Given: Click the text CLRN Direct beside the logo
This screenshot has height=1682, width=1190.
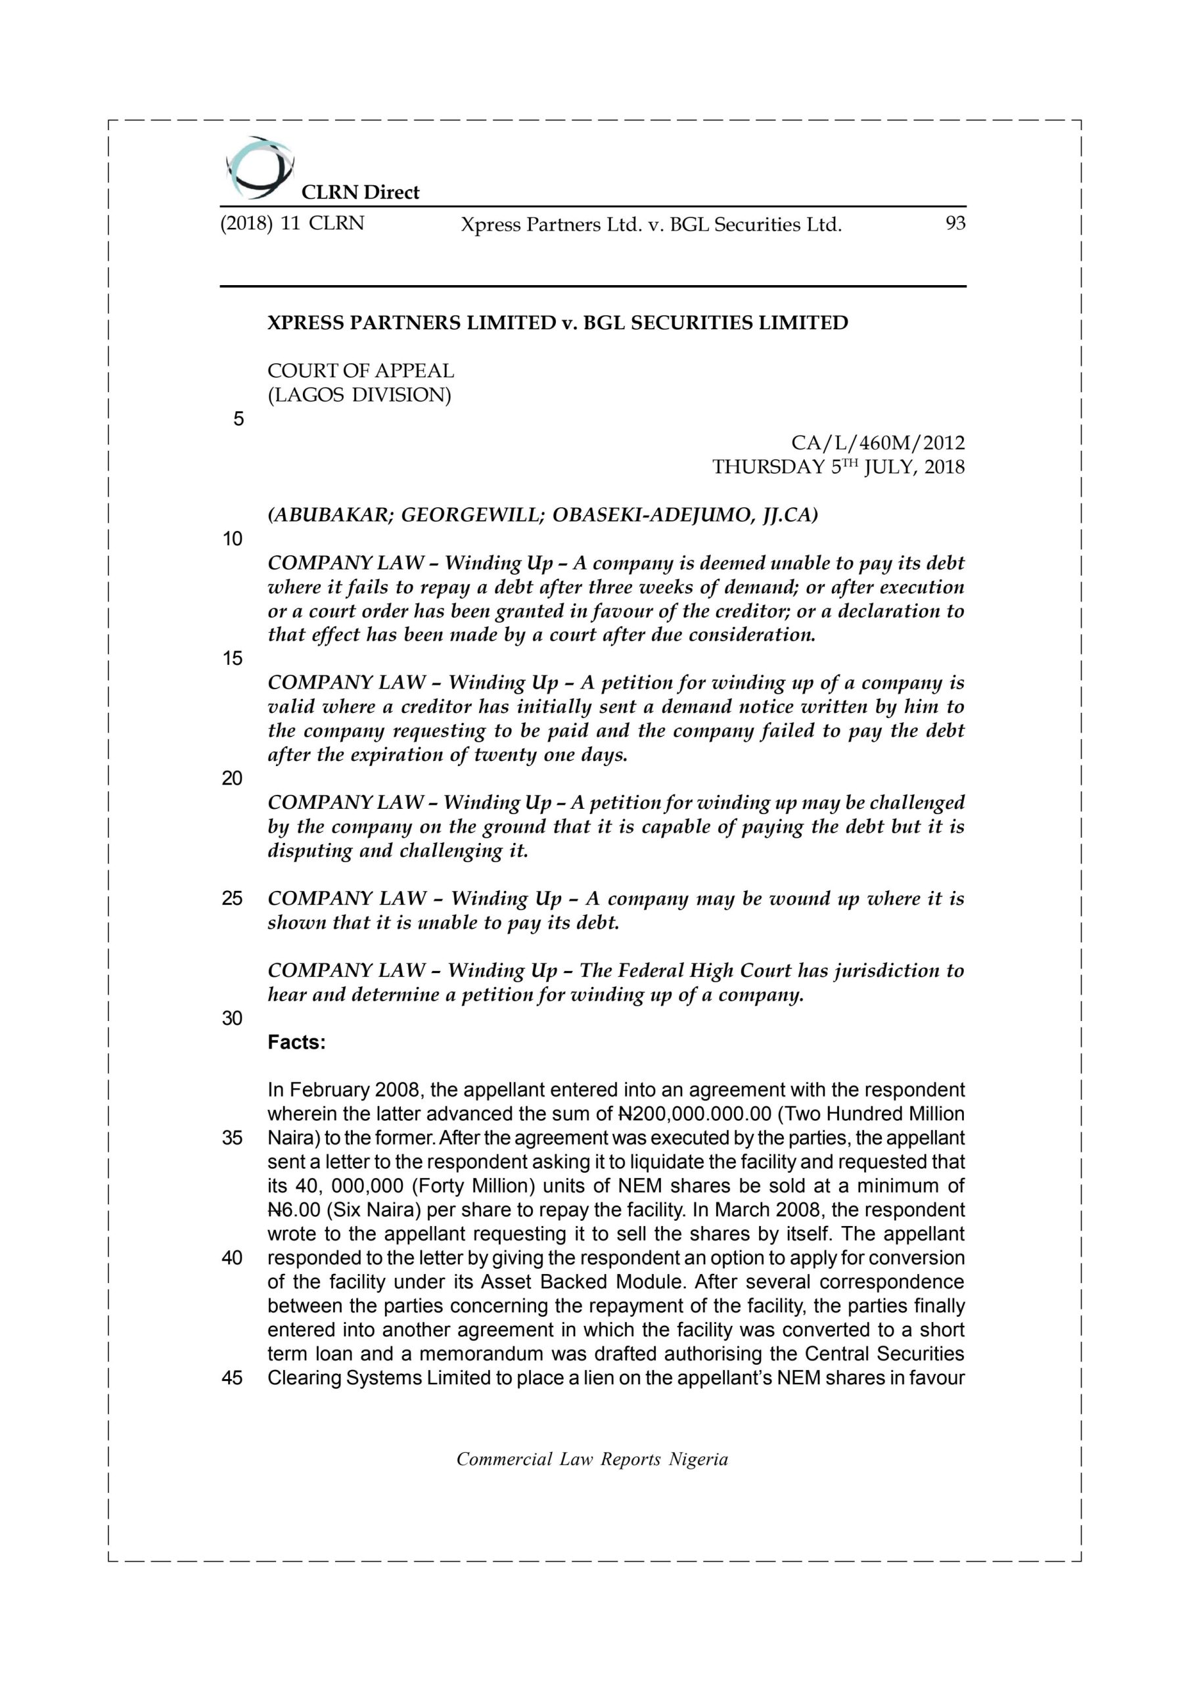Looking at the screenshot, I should (360, 193).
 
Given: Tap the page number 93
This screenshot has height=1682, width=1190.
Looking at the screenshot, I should (955, 223).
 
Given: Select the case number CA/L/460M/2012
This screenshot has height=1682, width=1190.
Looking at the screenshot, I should (878, 443).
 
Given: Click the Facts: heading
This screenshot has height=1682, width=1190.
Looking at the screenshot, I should (296, 1042).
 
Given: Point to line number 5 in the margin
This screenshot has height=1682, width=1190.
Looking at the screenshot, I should (238, 419).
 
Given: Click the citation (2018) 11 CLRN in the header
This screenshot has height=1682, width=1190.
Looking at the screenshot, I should (292, 223).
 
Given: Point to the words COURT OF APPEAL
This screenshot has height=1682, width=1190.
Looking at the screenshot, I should (361, 371).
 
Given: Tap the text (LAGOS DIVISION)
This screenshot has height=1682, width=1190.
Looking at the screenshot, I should (359, 396).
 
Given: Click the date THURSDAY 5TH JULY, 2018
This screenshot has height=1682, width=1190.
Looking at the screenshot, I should (838, 467).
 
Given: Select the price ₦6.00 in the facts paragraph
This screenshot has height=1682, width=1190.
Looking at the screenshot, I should (294, 1210).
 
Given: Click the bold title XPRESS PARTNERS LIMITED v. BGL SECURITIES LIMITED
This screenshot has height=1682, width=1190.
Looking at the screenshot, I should (558, 323).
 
